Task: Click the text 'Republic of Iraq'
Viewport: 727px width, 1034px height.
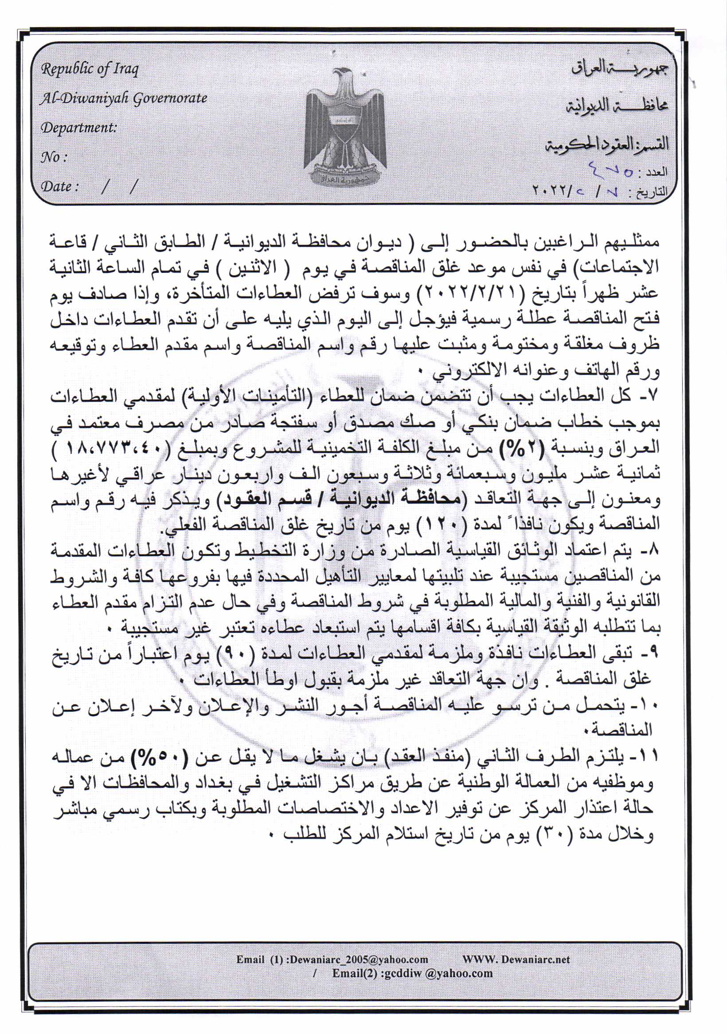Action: [90, 69]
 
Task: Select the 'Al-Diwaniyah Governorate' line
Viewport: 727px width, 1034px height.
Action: [124, 98]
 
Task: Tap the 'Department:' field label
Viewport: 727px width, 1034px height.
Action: [79, 128]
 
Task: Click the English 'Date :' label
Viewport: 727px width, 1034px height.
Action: [60, 186]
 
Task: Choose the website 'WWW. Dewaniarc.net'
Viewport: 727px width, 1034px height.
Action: [516, 959]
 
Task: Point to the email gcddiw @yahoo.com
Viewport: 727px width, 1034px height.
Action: [412, 973]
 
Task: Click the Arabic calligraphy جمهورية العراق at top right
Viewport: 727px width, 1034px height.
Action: [620, 69]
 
